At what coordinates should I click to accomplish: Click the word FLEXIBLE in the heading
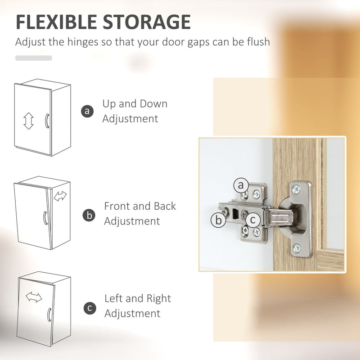click(57, 22)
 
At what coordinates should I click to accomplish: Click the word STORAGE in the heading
click(147, 22)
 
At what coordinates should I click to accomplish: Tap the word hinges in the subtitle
click(83, 42)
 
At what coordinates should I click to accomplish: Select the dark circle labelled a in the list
click(87, 111)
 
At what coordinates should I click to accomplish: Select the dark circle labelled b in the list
click(89, 215)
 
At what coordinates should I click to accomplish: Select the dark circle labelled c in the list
click(90, 308)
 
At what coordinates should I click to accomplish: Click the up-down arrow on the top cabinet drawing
click(28, 121)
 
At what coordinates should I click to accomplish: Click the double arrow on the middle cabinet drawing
click(60, 196)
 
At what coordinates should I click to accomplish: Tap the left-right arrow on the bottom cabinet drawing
click(34, 297)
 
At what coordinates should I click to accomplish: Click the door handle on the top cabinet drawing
click(47, 121)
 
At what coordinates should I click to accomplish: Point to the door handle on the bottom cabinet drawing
click(49, 315)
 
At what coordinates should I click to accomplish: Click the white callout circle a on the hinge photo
click(241, 185)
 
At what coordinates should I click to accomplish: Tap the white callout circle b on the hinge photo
click(218, 220)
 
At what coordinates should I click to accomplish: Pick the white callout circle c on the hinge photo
click(253, 220)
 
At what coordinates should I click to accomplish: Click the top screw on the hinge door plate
click(297, 189)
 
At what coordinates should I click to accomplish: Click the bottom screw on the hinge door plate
click(297, 248)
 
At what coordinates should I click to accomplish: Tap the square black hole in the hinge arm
click(235, 213)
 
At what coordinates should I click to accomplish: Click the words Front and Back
click(140, 206)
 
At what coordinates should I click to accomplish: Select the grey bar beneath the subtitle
click(33, 58)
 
